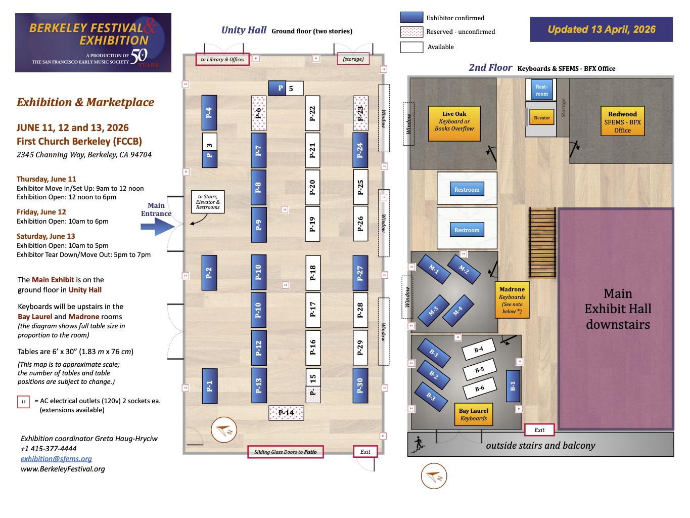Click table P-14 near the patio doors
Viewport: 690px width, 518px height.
click(286, 413)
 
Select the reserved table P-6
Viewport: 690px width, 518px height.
click(258, 113)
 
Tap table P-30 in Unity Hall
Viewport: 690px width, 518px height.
click(360, 385)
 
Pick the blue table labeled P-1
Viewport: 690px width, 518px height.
click(209, 386)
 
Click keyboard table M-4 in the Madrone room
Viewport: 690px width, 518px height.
click(458, 311)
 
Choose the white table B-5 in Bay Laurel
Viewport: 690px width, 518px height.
click(480, 370)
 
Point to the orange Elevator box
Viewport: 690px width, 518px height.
click(541, 118)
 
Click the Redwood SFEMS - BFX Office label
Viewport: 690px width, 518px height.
click(622, 122)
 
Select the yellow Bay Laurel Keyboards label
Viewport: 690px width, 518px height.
click(473, 414)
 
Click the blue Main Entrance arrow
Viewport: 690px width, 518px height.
click(157, 227)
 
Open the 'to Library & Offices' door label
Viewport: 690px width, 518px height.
click(222, 59)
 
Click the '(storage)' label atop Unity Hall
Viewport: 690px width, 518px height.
click(353, 59)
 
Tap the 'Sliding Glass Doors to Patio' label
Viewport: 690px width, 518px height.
click(285, 452)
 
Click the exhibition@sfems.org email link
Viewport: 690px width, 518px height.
click(56, 459)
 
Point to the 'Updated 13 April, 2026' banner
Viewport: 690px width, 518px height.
click(601, 29)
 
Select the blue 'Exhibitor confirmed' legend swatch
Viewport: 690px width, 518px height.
click(411, 18)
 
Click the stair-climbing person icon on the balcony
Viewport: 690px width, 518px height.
click(419, 444)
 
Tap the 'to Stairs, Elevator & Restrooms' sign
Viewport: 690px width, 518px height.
click(208, 202)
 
